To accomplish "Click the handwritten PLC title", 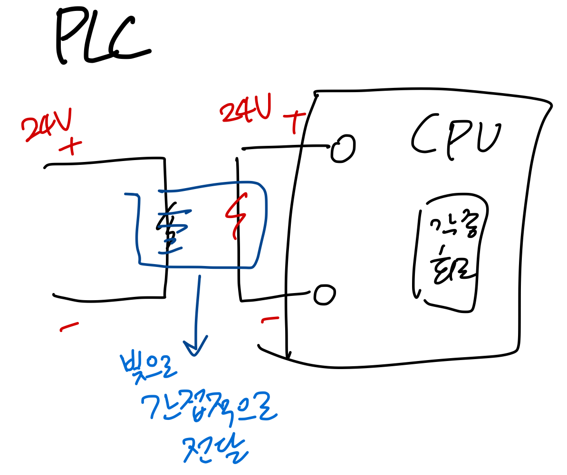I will click(102, 36).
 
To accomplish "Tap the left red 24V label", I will click(47, 124).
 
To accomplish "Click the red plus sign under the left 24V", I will click(70, 147).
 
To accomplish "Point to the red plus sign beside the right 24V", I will click(295, 121).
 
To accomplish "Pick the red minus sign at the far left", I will click(69, 326).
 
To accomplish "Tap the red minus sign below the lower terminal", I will click(270, 319).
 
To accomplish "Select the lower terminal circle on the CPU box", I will click(325, 295).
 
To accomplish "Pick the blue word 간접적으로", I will click(209, 407).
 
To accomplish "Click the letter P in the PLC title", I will click(71, 36).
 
